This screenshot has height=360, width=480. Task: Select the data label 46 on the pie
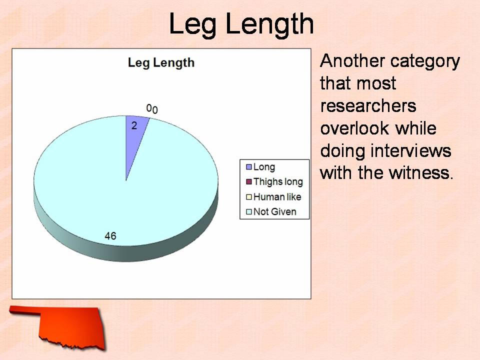coord(110,235)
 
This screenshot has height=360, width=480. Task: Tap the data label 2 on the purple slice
coord(134,125)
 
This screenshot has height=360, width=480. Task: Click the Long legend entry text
coord(264,167)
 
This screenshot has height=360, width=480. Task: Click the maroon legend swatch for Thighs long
coord(249,182)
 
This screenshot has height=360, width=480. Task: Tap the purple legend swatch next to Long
coord(249,167)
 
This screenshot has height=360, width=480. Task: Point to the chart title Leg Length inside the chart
coord(161,63)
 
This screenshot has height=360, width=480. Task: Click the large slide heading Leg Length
coord(241,24)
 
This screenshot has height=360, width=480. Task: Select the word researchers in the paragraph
coord(368,106)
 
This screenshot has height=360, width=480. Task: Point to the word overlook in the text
coord(355,128)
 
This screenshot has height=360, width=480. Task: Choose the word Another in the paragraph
coord(352,61)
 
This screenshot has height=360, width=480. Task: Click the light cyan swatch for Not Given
coord(249,212)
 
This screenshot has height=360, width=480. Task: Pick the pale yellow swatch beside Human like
coord(249,197)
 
